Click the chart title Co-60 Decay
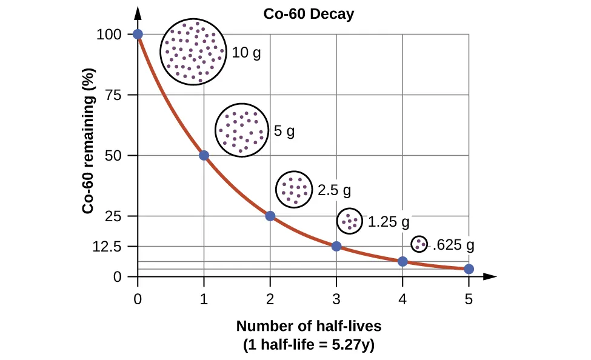point(309,15)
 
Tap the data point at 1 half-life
point(204,156)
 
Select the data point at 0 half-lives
point(138,34)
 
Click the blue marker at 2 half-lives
point(270,216)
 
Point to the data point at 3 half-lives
point(336,246)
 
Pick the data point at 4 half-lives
point(402,261)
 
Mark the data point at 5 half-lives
point(469,269)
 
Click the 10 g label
point(247,53)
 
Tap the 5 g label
point(284,130)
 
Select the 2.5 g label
point(335,190)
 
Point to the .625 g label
point(453,245)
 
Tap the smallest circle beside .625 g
point(419,244)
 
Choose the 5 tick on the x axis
point(469,298)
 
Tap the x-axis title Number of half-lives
point(309,326)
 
